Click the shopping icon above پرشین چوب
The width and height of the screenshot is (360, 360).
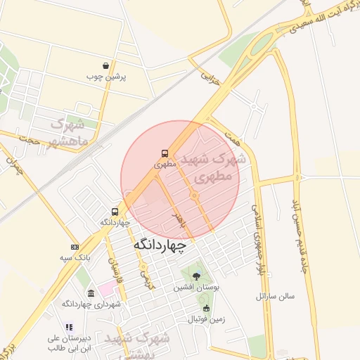[105, 65]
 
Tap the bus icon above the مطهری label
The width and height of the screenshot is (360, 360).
[164, 153]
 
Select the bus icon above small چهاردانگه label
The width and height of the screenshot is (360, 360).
[114, 211]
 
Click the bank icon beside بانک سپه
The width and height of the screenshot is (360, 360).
[75, 247]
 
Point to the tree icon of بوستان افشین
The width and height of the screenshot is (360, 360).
[195, 276]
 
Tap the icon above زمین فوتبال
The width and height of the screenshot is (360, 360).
[206, 308]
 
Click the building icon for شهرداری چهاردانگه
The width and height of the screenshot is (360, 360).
[91, 293]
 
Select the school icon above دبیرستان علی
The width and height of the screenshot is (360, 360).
[69, 327]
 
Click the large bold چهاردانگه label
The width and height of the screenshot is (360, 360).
[160, 246]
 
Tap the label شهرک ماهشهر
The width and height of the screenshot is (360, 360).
[68, 132]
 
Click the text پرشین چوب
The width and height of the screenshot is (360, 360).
[105, 76]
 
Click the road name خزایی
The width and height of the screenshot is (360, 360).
[210, 77]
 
